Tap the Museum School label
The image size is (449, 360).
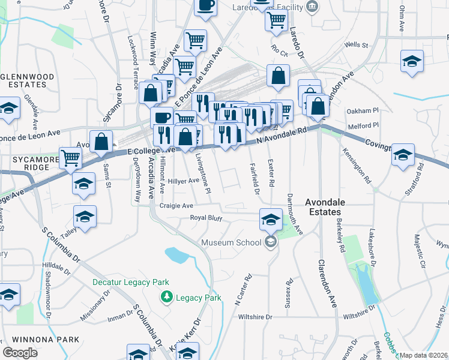[231, 242]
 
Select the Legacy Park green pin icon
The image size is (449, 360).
[166, 297]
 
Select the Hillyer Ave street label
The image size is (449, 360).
[183, 181]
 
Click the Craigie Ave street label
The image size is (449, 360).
[176, 205]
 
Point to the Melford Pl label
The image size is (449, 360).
[364, 125]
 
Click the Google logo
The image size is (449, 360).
[20, 353]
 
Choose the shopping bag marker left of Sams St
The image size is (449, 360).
[102, 142]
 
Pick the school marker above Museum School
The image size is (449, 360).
[271, 219]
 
